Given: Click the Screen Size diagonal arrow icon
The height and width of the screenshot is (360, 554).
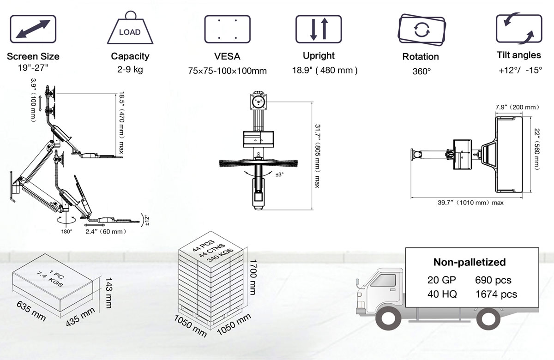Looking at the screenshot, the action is point(33,29).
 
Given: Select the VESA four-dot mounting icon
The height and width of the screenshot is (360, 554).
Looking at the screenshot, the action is point(227,29).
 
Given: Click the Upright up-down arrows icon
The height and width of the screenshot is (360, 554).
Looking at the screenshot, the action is point(319,29).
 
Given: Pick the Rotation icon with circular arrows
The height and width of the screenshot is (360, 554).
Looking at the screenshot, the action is point(422,30).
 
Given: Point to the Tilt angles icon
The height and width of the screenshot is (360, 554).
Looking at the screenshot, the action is point(519,29).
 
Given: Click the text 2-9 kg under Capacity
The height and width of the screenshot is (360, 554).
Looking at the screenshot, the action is point(130,70).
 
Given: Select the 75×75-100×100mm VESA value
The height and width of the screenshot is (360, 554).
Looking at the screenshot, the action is point(227,71).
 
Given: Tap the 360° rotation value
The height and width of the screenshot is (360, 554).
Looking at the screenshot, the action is point(422,72).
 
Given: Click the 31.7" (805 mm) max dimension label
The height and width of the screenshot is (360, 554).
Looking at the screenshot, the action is point(317,156).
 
